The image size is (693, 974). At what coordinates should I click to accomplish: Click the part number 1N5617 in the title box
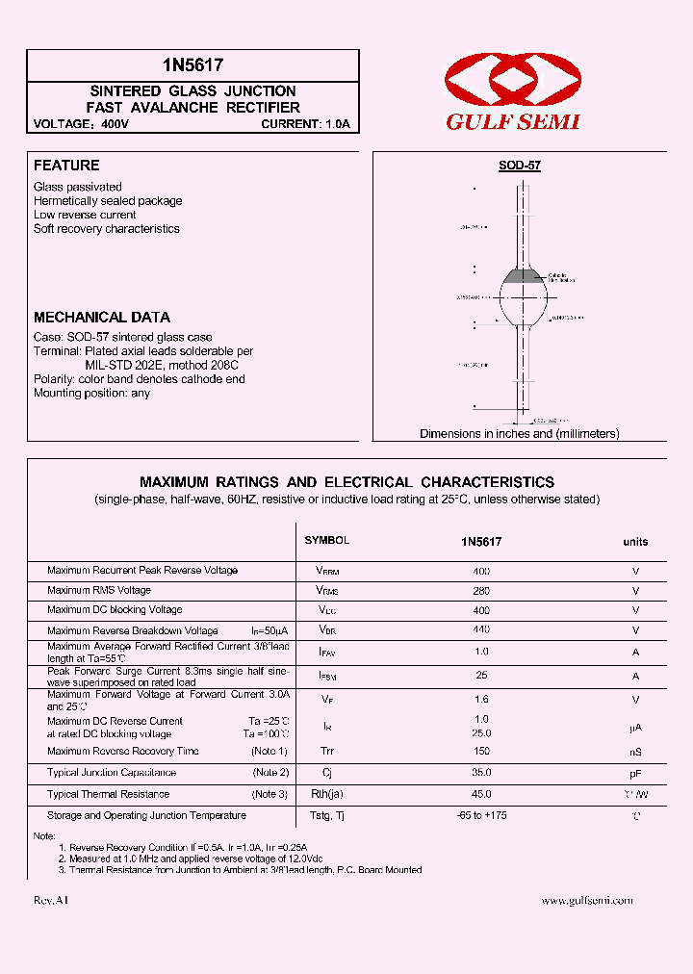click(192, 65)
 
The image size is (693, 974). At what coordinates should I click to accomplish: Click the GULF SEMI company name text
click(512, 122)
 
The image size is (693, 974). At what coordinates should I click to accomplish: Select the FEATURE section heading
click(66, 166)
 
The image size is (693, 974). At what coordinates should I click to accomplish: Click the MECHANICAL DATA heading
click(102, 317)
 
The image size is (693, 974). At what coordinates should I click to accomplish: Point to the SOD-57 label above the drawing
click(520, 166)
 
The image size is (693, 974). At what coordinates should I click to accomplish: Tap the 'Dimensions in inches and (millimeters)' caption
click(519, 434)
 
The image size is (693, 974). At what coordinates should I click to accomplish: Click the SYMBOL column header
click(327, 541)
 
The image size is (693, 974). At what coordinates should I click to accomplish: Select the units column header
click(635, 542)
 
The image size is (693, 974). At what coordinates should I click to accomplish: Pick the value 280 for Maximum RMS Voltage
click(481, 590)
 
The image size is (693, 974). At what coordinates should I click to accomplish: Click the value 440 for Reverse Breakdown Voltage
click(481, 629)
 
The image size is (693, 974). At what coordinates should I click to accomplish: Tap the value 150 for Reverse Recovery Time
click(481, 752)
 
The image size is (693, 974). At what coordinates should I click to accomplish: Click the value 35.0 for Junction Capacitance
click(481, 772)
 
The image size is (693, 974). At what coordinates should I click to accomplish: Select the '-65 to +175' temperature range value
click(481, 815)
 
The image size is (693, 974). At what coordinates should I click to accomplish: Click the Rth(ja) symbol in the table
click(327, 794)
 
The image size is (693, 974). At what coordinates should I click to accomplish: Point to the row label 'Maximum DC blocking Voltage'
click(115, 610)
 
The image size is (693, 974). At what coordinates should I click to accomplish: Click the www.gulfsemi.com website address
click(587, 900)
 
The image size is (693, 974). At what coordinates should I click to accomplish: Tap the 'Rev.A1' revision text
click(51, 900)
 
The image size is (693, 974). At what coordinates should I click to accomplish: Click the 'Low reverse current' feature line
click(85, 215)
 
